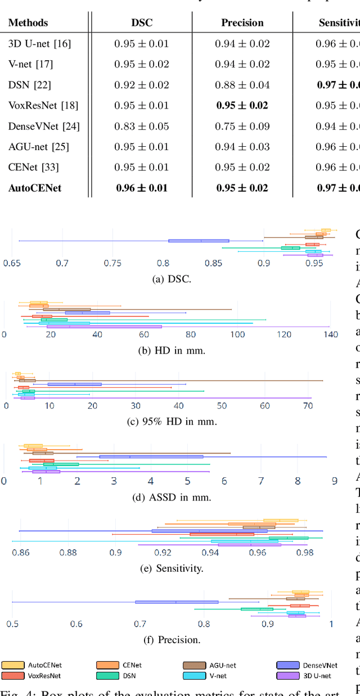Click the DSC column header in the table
coord(141,23)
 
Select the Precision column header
coord(242,23)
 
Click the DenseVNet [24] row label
coord(44,126)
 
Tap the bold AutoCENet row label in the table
coord(35,188)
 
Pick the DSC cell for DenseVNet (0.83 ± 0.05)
coord(141,126)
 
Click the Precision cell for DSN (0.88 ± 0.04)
coord(242,85)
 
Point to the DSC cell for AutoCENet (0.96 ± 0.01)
coord(141,188)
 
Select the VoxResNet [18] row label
coord(43,106)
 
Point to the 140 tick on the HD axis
coord(330,335)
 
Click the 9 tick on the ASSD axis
coord(334,481)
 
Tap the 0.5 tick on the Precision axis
coord(12,623)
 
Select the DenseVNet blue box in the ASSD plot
coord(151,457)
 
